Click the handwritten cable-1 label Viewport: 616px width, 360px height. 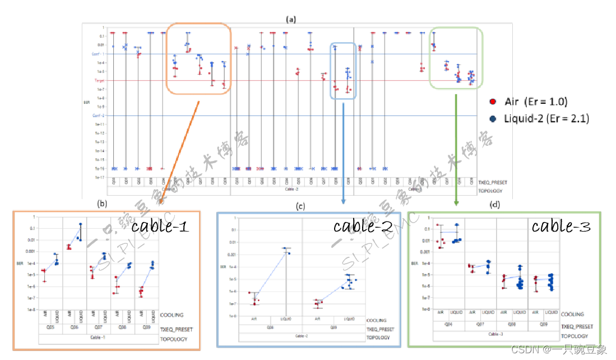tap(160, 227)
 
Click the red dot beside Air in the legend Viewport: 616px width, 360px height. tap(493, 102)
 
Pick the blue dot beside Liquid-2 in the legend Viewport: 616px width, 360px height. tap(493, 118)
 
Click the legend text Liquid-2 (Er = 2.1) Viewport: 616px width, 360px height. tap(546, 118)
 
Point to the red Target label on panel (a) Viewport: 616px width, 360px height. tap(99, 81)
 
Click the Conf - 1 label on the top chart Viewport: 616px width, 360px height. tap(99, 54)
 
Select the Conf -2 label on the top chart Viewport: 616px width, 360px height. tap(99, 116)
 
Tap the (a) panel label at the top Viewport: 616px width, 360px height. tap(290, 19)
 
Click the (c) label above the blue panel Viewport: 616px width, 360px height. tap(300, 207)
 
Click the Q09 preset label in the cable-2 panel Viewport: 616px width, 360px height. tap(334, 326)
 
